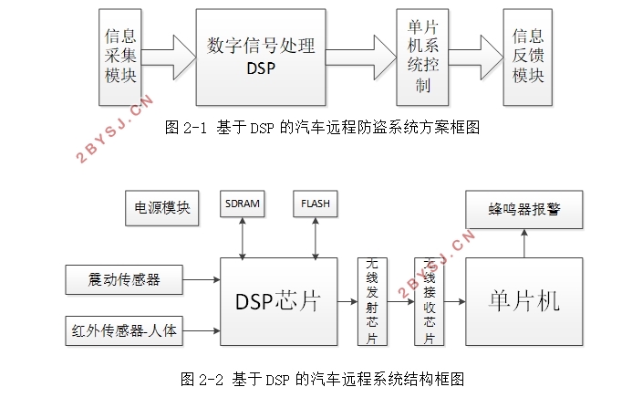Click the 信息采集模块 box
coord(120,56)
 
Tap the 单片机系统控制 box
coord(416,56)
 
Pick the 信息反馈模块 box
coord(528,56)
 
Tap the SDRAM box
coord(242,204)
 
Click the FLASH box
coord(315,204)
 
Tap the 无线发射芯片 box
coord(372,302)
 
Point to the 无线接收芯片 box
coord(429,302)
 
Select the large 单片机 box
coord(523,302)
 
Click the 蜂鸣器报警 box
coord(523,210)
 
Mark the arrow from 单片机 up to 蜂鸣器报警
coord(524,243)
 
